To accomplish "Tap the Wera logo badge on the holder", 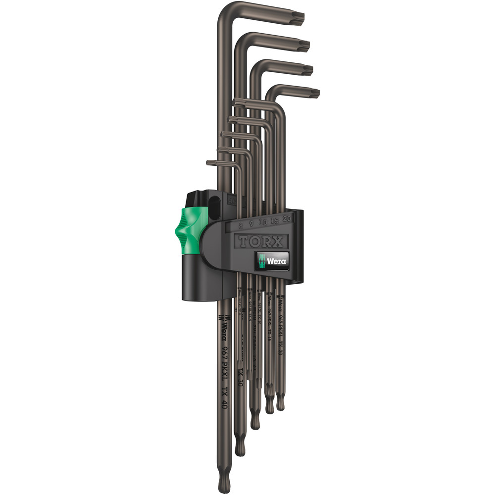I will click(x=272, y=260).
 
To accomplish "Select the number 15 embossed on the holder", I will click(x=275, y=221).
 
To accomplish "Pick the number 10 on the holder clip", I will click(x=262, y=222).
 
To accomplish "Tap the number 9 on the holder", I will click(x=252, y=224).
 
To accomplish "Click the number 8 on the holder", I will click(x=241, y=225).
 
